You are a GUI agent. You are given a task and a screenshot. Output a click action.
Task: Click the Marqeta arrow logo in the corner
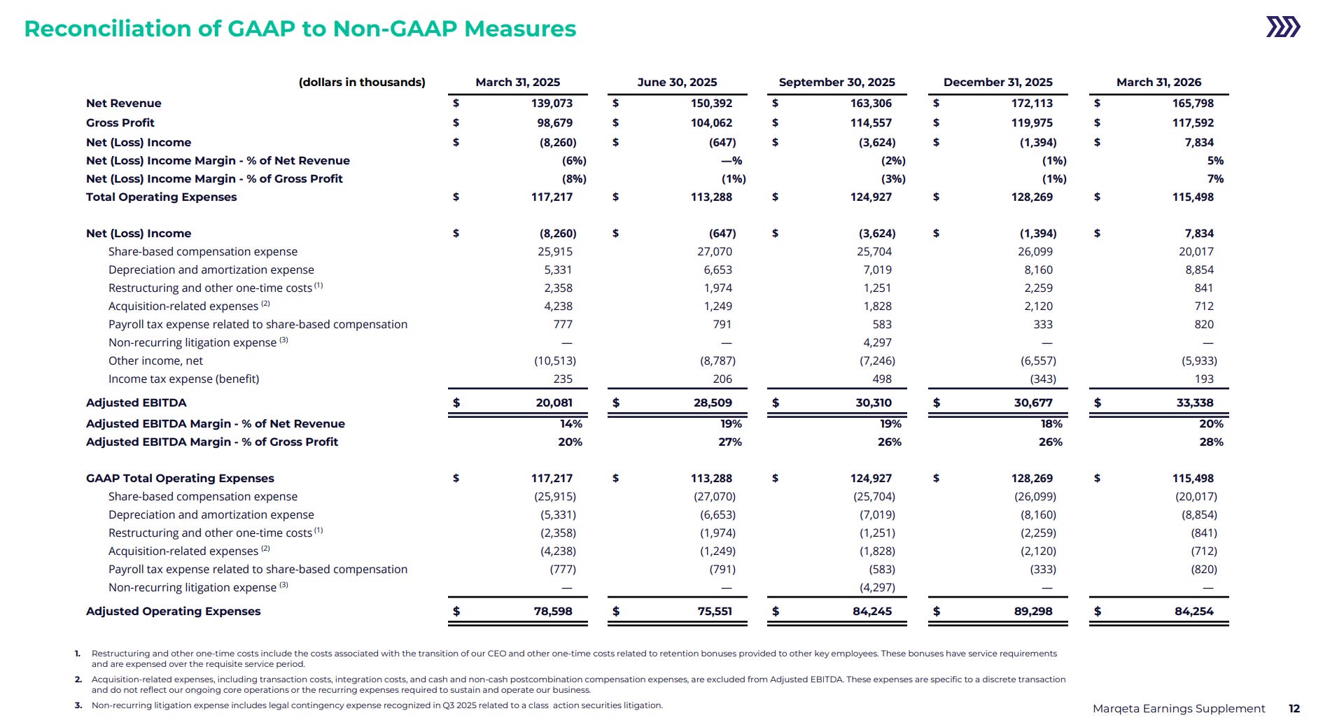(1283, 27)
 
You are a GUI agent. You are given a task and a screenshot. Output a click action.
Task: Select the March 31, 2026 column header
(1158, 82)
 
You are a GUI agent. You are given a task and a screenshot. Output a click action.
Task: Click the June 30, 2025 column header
(677, 82)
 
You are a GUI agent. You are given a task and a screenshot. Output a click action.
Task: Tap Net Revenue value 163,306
(871, 103)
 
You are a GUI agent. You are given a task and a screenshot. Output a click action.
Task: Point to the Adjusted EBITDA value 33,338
(1195, 402)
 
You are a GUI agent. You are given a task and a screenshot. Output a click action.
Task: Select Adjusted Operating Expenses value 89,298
(1033, 611)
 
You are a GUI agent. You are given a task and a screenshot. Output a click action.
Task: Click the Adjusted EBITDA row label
(136, 402)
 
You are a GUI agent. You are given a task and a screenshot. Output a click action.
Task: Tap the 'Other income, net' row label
(155, 360)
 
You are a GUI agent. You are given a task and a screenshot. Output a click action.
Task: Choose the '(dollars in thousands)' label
(362, 82)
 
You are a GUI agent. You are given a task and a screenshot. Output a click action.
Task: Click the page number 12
(1294, 709)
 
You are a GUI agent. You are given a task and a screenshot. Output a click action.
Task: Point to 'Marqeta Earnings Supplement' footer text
(1179, 709)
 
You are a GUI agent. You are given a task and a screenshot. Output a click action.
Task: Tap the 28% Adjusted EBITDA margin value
(1211, 442)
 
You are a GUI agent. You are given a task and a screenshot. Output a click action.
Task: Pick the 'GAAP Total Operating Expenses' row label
(180, 478)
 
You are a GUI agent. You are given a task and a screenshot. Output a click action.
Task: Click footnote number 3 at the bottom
(78, 705)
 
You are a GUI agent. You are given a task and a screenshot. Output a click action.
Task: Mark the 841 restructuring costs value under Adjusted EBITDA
(1204, 288)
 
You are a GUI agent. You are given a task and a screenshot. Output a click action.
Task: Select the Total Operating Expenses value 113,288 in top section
(711, 197)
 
